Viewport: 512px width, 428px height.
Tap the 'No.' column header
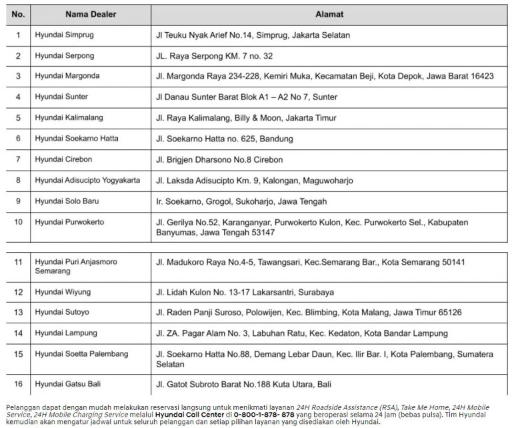[18, 13]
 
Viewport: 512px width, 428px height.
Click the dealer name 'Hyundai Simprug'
[65, 35]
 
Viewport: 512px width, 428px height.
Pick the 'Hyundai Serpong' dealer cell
[65, 55]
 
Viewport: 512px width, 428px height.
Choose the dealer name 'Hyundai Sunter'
[61, 97]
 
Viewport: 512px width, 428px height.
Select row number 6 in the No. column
[18, 139]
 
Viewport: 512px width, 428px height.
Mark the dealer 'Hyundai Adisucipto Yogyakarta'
[87, 180]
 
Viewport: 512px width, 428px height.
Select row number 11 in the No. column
[18, 262]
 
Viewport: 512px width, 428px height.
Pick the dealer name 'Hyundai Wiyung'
[63, 292]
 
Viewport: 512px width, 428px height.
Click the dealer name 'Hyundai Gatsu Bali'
[68, 383]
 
